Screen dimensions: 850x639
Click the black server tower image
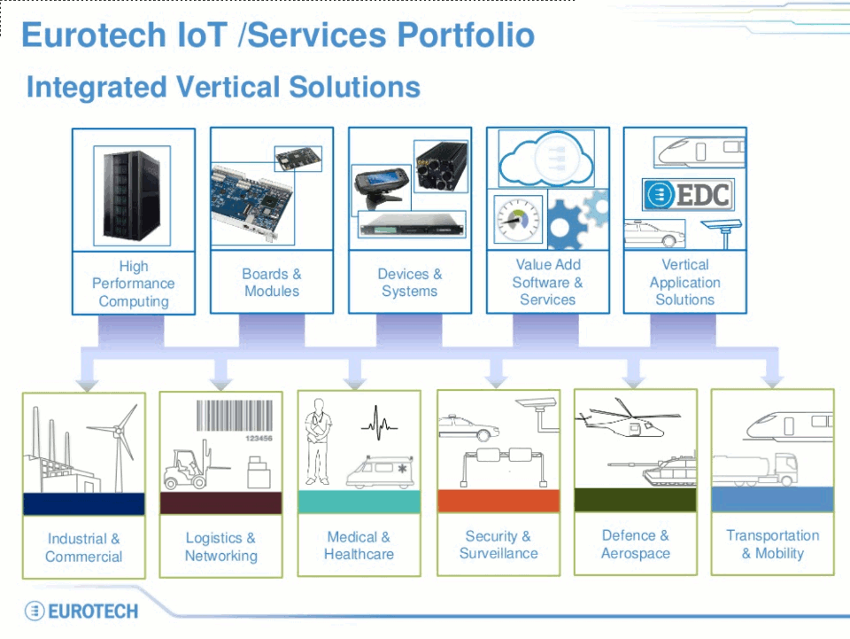pos(132,195)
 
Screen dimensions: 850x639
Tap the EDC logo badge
pos(688,194)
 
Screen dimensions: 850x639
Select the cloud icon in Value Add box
pos(546,159)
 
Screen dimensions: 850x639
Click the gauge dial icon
pos(518,219)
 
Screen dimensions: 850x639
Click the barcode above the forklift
pos(234,416)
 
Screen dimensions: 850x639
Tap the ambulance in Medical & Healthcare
pos(381,471)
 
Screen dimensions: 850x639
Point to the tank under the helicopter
pos(653,469)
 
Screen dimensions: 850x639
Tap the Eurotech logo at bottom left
pos(81,612)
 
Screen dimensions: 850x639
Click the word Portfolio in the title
pos(467,35)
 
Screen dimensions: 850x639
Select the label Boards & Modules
pos(272,282)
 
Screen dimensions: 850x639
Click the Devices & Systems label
pos(410,282)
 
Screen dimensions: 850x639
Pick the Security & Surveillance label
pos(498,545)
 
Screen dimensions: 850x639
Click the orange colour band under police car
pos(498,501)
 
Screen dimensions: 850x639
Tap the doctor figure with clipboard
pos(318,441)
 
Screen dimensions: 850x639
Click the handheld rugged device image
pos(381,187)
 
